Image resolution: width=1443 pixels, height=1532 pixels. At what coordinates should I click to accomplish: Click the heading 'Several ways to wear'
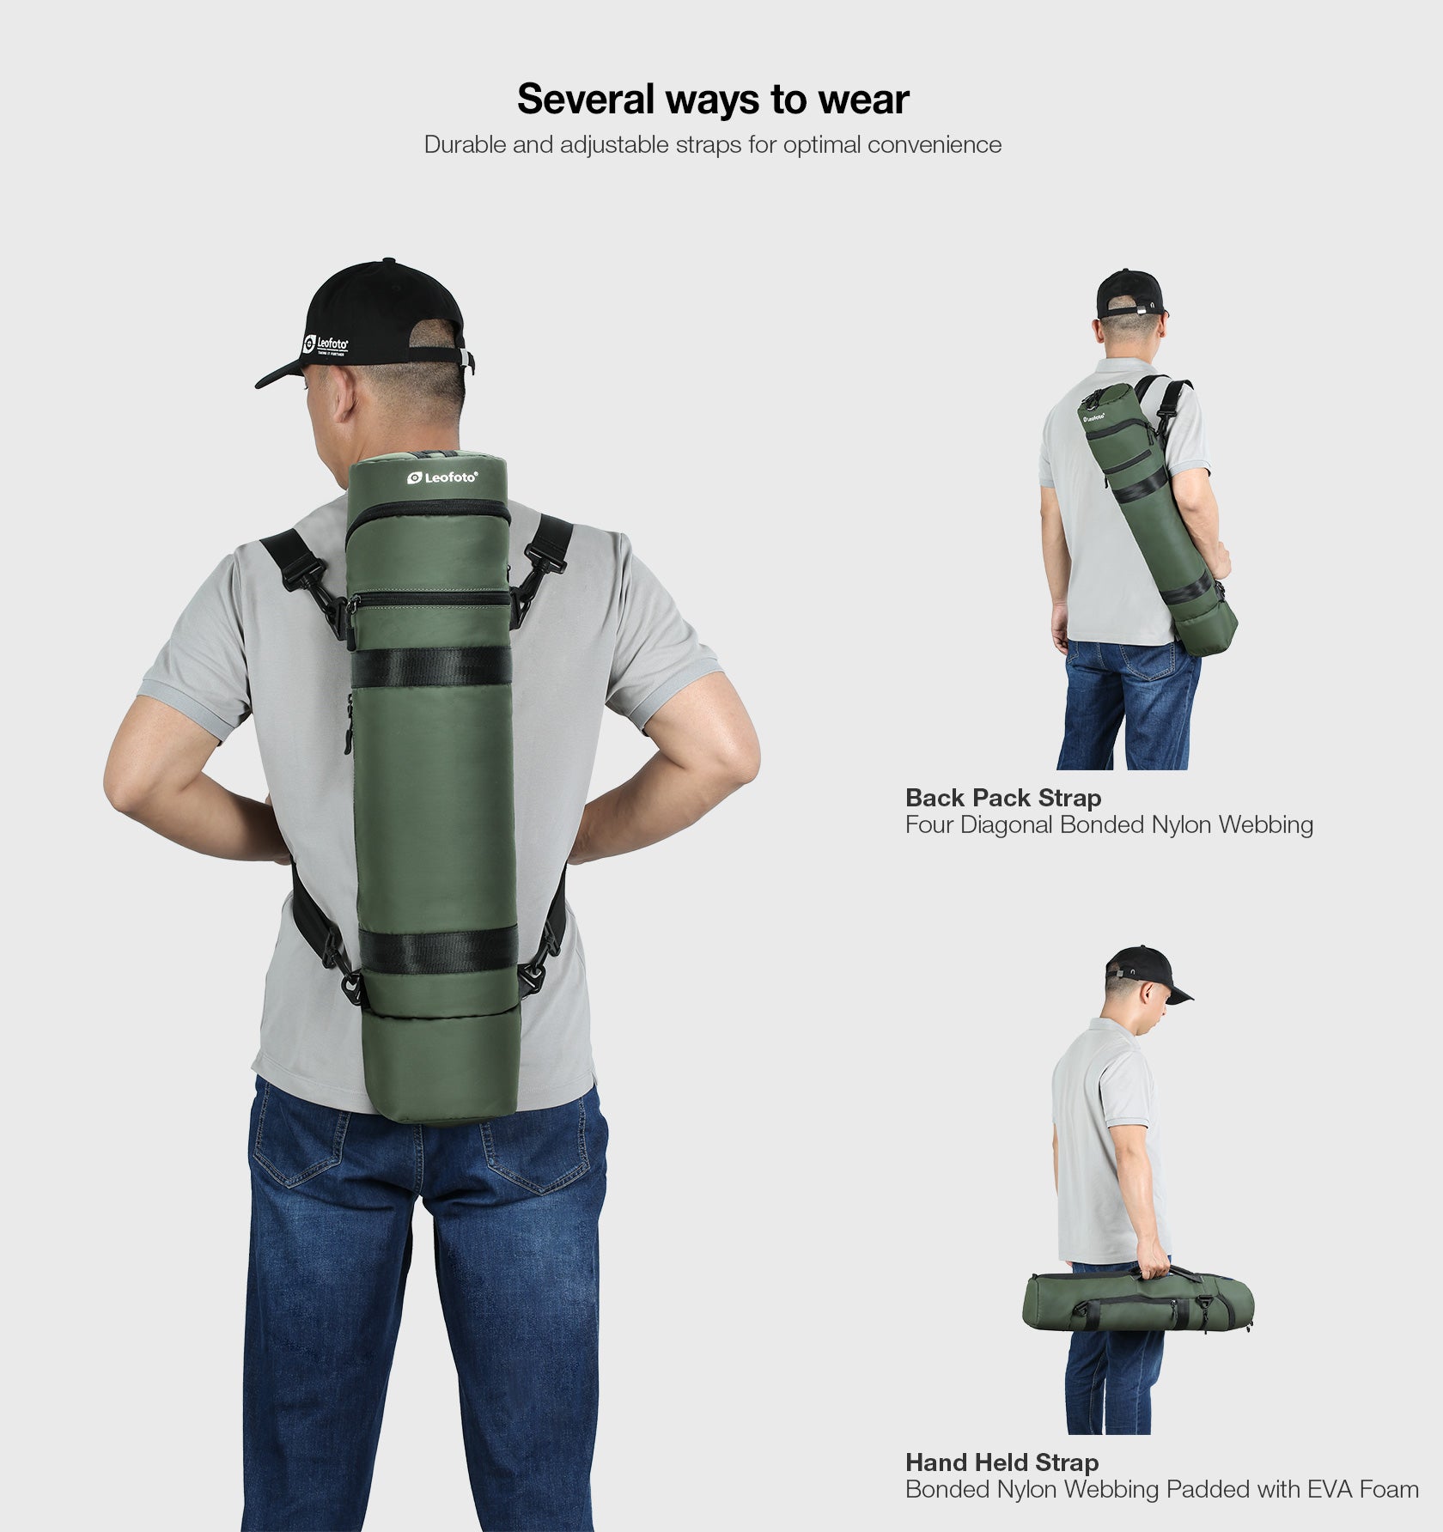pyautogui.click(x=712, y=100)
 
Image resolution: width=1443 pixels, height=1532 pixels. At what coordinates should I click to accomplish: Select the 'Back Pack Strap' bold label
pyautogui.click(x=1002, y=798)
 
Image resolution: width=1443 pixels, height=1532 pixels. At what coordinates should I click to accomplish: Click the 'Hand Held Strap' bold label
pyautogui.click(x=1002, y=1462)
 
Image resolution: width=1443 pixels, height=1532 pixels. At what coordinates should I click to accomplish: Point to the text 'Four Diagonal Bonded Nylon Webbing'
pyautogui.click(x=1108, y=825)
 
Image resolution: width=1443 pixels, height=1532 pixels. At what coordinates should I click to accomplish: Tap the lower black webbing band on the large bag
pyautogui.click(x=438, y=950)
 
